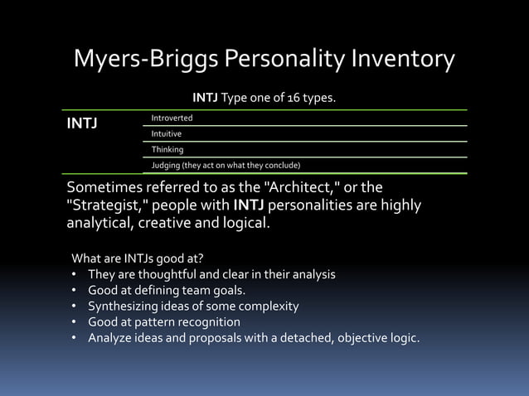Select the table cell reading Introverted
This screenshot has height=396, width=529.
(172, 118)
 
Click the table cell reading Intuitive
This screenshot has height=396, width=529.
(167, 133)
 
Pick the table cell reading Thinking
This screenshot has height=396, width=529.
(167, 149)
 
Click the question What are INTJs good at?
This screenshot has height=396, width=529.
(138, 258)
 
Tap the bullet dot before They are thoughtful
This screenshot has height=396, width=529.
(75, 274)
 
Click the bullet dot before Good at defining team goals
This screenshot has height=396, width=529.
(75, 290)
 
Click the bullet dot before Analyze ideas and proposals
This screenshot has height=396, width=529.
(75, 337)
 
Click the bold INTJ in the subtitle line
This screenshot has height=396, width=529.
(205, 99)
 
